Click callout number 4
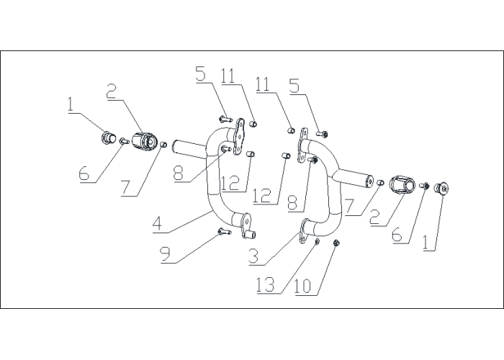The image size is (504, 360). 157,224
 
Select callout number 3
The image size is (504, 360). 253,257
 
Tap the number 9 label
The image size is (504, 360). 165,255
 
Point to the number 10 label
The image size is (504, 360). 303,286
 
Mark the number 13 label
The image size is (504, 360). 266,284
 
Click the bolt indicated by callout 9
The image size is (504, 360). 225,231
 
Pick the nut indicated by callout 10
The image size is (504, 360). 336,243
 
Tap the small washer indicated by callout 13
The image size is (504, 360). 317,242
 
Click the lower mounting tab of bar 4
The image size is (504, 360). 248,227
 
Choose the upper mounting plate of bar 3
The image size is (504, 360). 302,145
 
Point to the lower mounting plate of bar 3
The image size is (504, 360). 304,231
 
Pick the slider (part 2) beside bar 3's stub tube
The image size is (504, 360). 401,185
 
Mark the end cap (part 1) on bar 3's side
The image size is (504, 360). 441,189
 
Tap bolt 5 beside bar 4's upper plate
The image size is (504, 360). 225,120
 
